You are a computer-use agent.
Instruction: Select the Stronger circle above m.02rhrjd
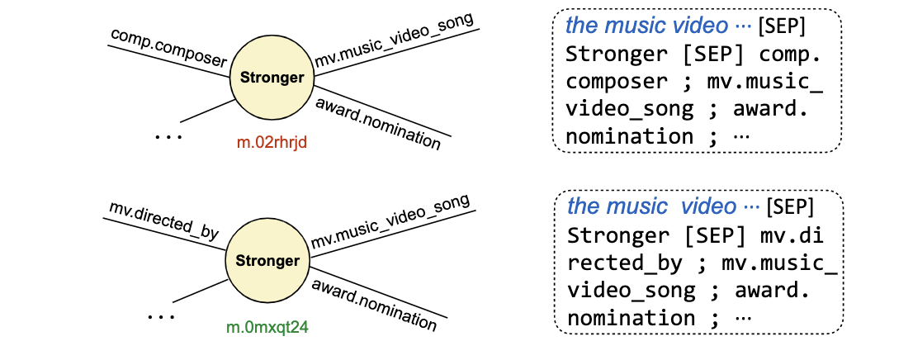[272, 78]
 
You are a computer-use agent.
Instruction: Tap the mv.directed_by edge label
[163, 221]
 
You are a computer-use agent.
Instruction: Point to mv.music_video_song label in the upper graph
[395, 39]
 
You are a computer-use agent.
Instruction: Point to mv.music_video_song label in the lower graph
[390, 222]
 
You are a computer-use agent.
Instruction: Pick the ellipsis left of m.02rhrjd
[168, 137]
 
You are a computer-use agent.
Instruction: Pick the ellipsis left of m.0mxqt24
[160, 316]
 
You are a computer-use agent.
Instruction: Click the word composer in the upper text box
[617, 81]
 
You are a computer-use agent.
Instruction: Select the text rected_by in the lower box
[625, 264]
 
